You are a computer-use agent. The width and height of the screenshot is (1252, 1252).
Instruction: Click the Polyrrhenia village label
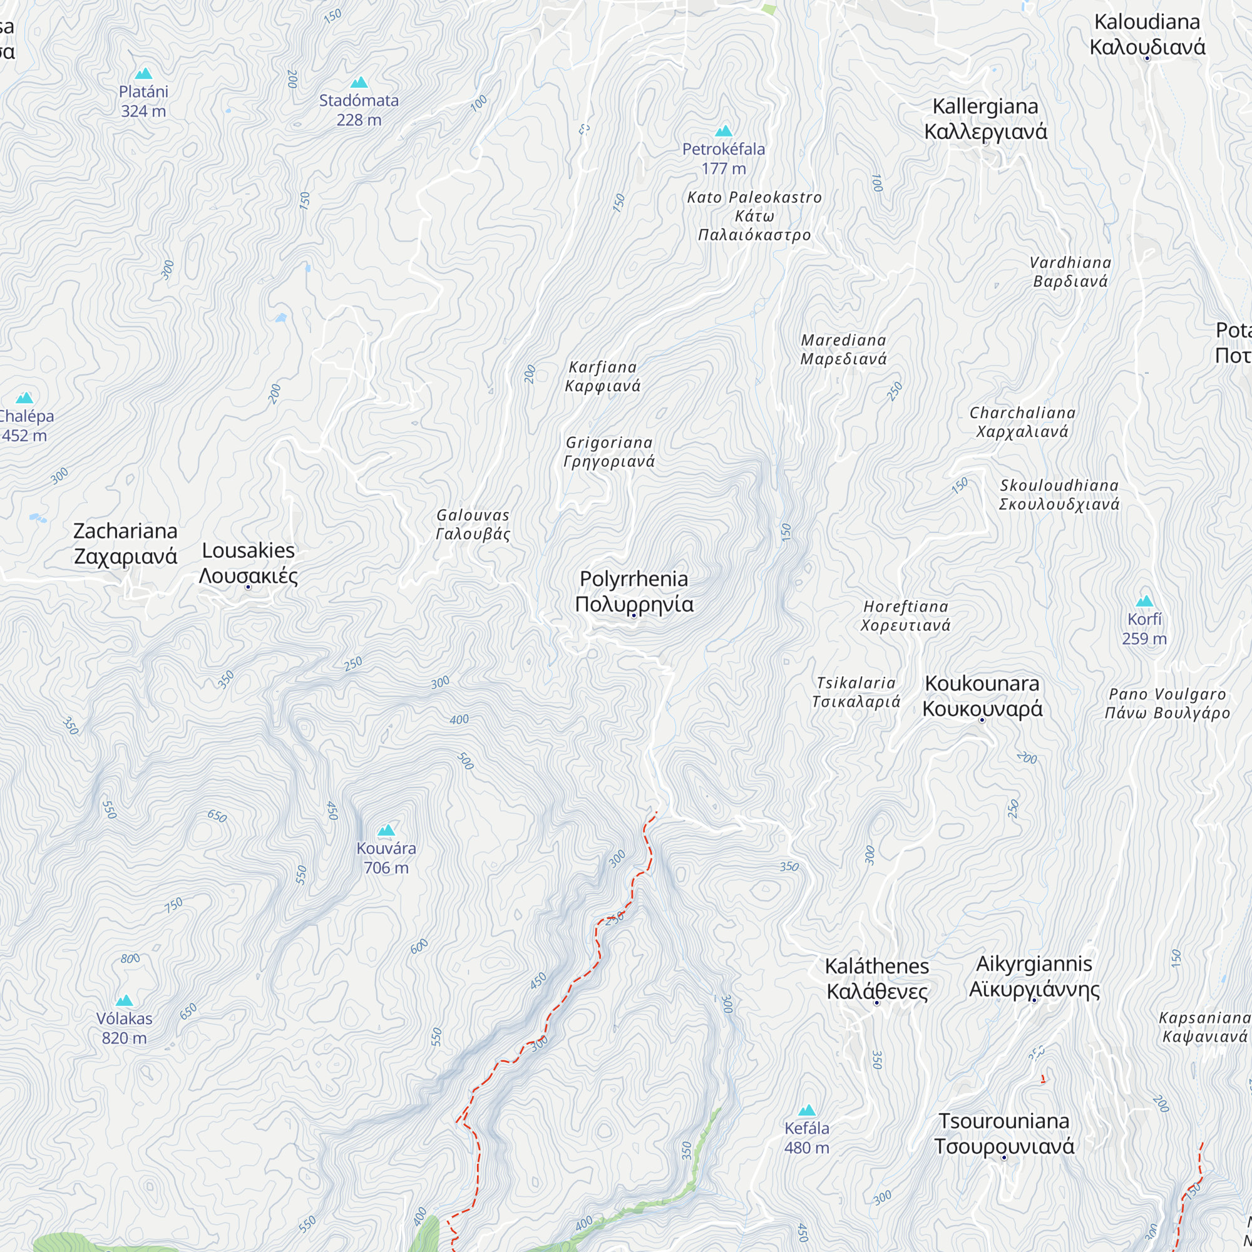coord(634,591)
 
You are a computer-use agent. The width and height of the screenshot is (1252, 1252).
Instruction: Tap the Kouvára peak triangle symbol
coord(386,830)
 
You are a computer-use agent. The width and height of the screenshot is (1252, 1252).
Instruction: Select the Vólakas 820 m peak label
coord(124,1028)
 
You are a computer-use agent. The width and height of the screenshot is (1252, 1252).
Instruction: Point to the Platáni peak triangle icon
coord(144,74)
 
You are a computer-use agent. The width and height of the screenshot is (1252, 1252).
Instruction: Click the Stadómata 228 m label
coord(358,110)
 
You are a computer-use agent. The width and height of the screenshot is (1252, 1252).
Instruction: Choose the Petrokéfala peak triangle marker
coord(724,131)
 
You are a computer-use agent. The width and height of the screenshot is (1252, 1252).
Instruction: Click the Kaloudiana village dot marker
coord(1147,59)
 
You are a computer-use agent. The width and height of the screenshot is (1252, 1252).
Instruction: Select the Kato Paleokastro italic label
coord(754,216)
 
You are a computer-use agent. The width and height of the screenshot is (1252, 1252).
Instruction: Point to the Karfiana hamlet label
coord(603,376)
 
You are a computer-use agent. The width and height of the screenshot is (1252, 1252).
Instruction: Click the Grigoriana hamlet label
coord(609,452)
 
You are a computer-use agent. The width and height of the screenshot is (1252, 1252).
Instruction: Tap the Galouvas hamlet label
coord(473,524)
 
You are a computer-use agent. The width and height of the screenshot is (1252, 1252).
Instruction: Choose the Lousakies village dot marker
coord(248,587)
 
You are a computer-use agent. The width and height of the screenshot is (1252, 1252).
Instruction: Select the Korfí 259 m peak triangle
coord(1144,601)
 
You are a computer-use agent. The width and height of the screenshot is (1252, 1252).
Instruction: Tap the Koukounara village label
coord(982,695)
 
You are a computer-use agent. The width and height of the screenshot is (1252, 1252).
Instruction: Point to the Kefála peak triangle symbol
coord(807,1110)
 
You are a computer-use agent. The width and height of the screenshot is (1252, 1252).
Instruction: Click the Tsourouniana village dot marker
coord(1005,1157)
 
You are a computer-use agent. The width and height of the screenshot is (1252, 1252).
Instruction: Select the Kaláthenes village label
coord(877,978)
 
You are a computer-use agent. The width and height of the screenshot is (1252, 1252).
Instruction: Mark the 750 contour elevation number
coord(173,905)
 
